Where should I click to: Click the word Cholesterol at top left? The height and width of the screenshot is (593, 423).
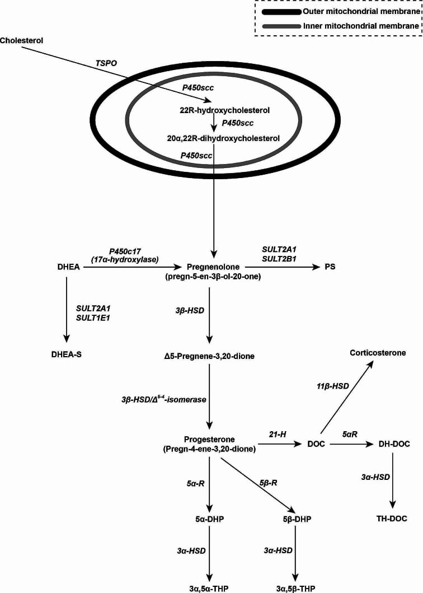click(22, 40)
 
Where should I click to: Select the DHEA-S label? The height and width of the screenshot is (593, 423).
click(67, 353)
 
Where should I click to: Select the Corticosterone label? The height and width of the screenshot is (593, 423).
click(378, 352)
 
